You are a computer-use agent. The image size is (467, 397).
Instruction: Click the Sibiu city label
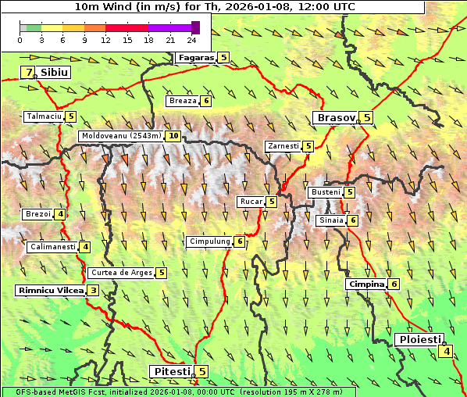pyautogui.click(x=55, y=72)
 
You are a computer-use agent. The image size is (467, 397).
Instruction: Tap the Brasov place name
pyautogui.click(x=334, y=118)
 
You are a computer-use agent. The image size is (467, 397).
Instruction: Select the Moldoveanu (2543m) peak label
pyautogui.click(x=121, y=136)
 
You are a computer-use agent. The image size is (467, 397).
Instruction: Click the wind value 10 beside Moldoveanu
pyautogui.click(x=173, y=136)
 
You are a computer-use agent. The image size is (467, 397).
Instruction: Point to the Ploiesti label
pyautogui.click(x=420, y=339)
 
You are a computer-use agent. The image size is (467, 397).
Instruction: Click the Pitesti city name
pyautogui.click(x=170, y=371)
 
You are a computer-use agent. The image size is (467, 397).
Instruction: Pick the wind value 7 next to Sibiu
pyautogui.click(x=29, y=73)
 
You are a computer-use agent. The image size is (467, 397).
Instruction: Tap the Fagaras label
pyautogui.click(x=194, y=58)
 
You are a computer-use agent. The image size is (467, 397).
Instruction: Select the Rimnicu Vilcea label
pyautogui.click(x=50, y=291)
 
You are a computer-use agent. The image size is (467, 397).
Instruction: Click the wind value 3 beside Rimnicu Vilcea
pyautogui.click(x=93, y=291)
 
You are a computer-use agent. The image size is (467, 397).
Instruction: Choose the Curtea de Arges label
pyautogui.click(x=120, y=273)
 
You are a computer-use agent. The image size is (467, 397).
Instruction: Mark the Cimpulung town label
pyautogui.click(x=209, y=241)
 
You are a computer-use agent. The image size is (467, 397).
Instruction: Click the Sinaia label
pyautogui.click(x=330, y=220)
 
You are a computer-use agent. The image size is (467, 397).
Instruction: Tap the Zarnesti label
pyautogui.click(x=283, y=146)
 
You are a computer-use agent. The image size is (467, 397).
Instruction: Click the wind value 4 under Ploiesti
pyautogui.click(x=445, y=352)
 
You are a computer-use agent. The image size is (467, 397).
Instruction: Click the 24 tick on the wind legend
pyautogui.click(x=191, y=40)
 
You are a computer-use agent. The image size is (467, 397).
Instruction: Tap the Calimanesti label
pyautogui.click(x=52, y=247)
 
